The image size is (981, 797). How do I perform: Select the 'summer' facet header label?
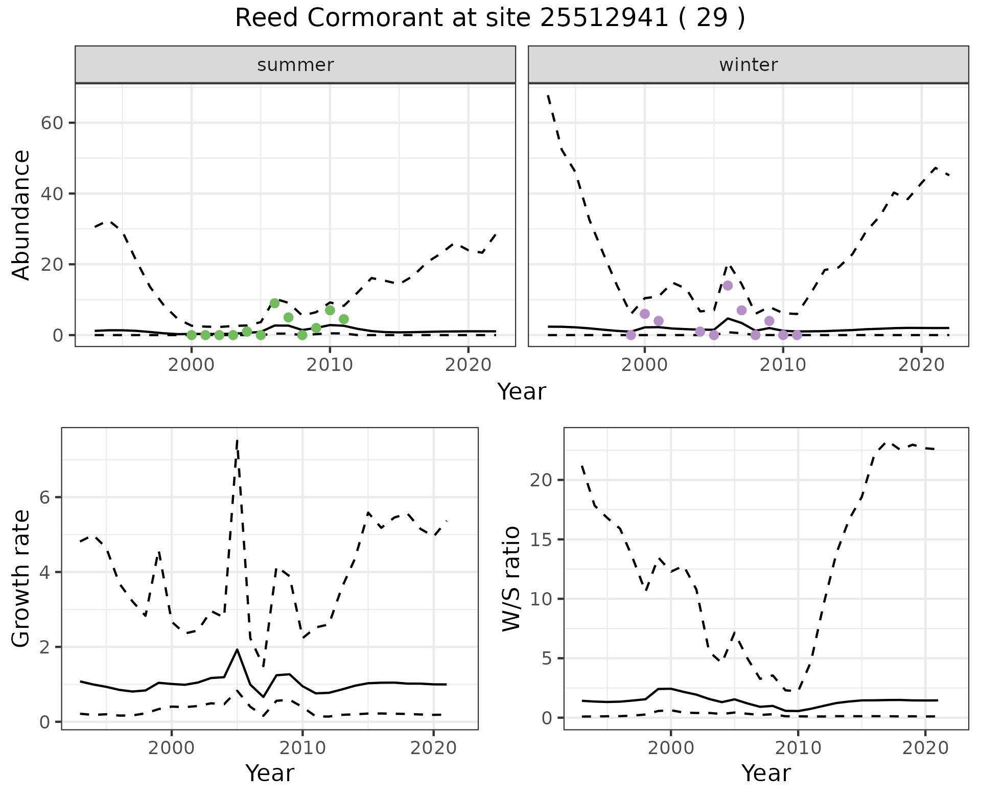(x=295, y=65)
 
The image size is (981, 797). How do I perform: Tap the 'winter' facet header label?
(x=748, y=65)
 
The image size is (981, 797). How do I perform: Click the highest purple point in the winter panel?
(x=728, y=286)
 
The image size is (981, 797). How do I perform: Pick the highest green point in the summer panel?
(x=274, y=303)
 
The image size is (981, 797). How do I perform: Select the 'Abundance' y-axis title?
(x=21, y=215)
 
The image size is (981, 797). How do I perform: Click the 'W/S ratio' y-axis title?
(x=511, y=578)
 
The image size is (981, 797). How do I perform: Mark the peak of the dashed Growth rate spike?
(x=237, y=440)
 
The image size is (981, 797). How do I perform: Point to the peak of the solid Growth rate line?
(x=237, y=649)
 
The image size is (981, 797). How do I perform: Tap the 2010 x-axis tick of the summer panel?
(x=330, y=365)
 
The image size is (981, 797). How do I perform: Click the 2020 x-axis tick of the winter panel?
(x=921, y=365)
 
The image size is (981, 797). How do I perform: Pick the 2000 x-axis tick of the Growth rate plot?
(x=172, y=748)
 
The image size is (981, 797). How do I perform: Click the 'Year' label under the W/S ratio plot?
(x=766, y=773)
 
